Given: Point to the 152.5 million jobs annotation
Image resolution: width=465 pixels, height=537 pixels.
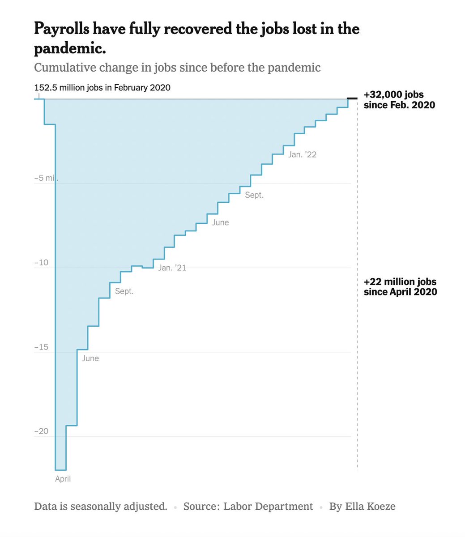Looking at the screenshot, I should click(x=102, y=87).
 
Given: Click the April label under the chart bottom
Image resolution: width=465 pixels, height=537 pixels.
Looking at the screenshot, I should click(x=63, y=479).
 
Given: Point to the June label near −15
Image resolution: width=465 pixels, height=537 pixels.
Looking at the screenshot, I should click(x=90, y=358).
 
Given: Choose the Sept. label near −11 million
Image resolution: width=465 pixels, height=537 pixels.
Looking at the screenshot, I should click(x=124, y=291).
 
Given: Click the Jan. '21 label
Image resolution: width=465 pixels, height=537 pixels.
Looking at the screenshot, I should click(x=172, y=268).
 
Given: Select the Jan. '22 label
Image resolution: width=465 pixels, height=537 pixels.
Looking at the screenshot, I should click(x=303, y=154).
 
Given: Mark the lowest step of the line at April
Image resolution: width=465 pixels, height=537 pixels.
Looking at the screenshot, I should click(x=60, y=470).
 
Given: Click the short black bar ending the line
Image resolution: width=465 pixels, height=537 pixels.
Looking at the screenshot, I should click(x=353, y=98).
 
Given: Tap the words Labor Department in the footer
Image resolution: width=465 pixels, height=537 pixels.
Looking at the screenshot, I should click(x=268, y=507).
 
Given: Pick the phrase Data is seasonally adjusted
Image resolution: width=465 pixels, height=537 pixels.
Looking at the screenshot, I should click(x=101, y=507).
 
